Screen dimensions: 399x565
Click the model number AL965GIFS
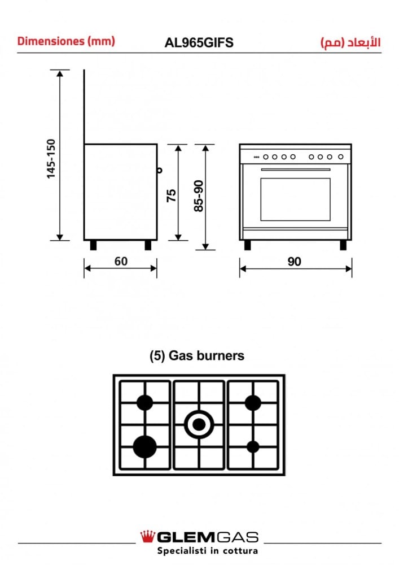coord(199,42)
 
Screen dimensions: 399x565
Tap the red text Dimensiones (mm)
coord(66,41)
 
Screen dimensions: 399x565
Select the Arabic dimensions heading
coord(350,42)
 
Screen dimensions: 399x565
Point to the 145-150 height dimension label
coord(51,159)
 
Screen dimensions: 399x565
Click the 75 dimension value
coord(172,195)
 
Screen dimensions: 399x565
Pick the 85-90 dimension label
coord(199,195)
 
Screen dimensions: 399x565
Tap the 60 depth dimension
coord(121,261)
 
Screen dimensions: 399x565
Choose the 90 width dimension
coord(294,262)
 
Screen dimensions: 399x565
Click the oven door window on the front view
coord(295,199)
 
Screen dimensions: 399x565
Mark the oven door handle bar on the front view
coord(295,169)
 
